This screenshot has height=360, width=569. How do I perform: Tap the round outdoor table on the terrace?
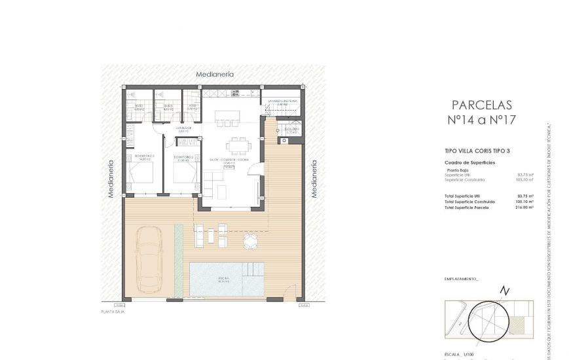coord(251,241)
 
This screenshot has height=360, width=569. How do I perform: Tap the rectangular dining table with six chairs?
coord(235,146)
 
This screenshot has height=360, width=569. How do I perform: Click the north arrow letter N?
coord(503,292)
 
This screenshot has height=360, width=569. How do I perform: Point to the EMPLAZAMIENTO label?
coord(462,279)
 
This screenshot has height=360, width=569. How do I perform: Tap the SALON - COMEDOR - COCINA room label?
coord(223,160)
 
